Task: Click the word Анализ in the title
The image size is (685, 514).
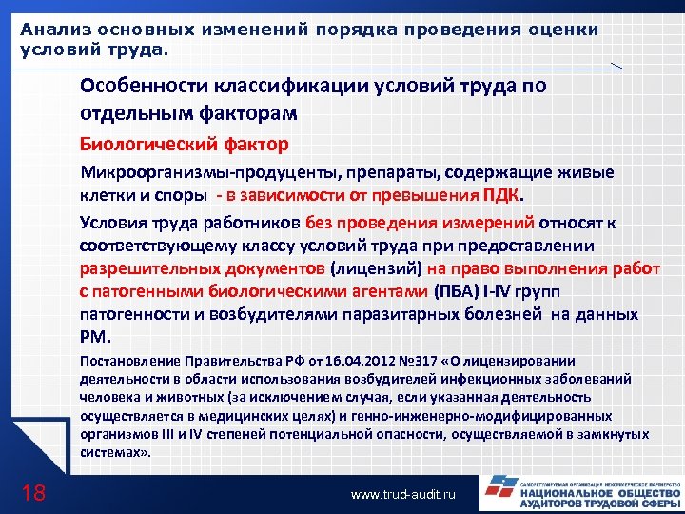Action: tap(49, 29)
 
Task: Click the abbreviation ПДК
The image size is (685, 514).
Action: tap(500, 197)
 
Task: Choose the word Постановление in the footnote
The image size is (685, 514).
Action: tap(126, 361)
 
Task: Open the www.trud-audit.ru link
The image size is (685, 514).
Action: tap(404, 495)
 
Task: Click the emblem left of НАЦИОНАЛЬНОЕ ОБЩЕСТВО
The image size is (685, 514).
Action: tap(498, 490)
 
